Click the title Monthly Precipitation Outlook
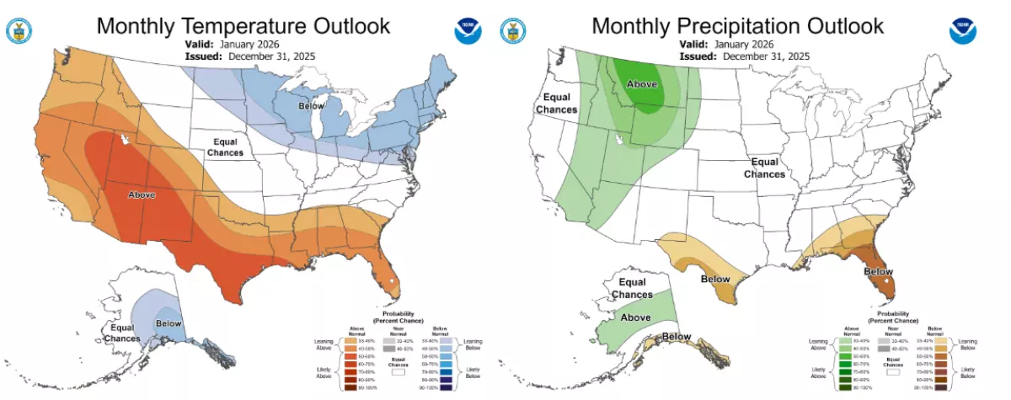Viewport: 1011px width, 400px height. click(x=737, y=25)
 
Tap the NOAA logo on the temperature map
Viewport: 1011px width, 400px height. click(x=468, y=31)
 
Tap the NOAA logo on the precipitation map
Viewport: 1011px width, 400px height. click(x=962, y=31)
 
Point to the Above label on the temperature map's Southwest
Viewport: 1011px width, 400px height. click(x=141, y=195)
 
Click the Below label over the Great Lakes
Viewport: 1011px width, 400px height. click(x=311, y=107)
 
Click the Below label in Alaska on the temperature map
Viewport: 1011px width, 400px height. click(x=168, y=322)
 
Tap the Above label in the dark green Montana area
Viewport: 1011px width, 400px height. click(x=642, y=83)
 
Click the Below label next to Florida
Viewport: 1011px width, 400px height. click(x=879, y=271)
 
